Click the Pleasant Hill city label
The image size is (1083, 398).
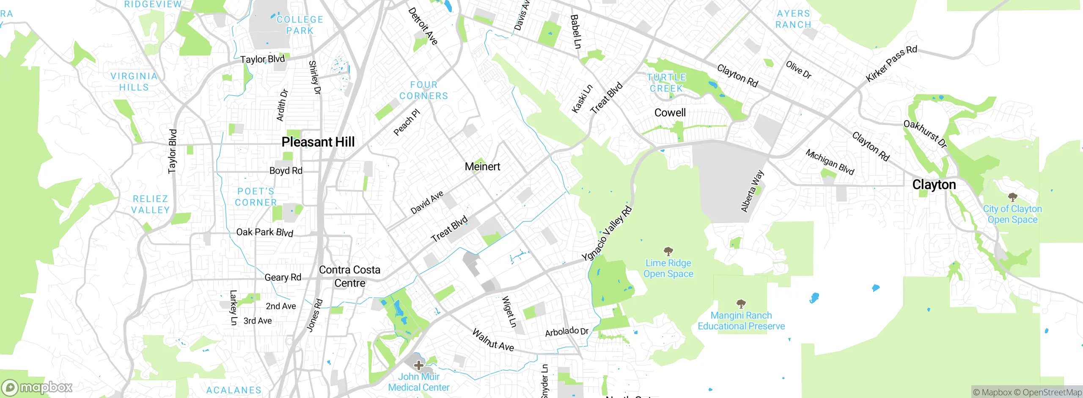pyautogui.click(x=318, y=142)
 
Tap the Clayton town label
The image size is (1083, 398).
pyautogui.click(x=934, y=185)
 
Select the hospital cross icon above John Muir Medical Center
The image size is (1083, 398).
pyautogui.click(x=419, y=365)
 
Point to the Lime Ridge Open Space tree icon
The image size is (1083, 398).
pyautogui.click(x=668, y=252)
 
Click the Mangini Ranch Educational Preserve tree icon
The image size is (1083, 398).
pyautogui.click(x=741, y=304)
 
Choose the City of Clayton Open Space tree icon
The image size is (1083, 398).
pyautogui.click(x=1012, y=197)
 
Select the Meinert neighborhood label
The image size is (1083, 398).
pyautogui.click(x=482, y=167)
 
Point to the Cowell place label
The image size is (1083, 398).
pyautogui.click(x=670, y=113)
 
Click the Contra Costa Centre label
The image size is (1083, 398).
pyautogui.click(x=349, y=276)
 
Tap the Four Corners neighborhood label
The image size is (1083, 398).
pyautogui.click(x=423, y=91)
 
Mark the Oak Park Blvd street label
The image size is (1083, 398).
pyautogui.click(x=264, y=232)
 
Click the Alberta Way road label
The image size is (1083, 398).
pyautogui.click(x=752, y=191)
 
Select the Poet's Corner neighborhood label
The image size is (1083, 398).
pyautogui.click(x=256, y=197)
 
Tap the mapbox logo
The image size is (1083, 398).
pyautogui.click(x=37, y=387)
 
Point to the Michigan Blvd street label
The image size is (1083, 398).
pyautogui.click(x=830, y=162)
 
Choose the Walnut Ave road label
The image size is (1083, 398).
pyautogui.click(x=493, y=340)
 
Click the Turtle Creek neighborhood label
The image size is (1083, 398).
pyautogui.click(x=666, y=83)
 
